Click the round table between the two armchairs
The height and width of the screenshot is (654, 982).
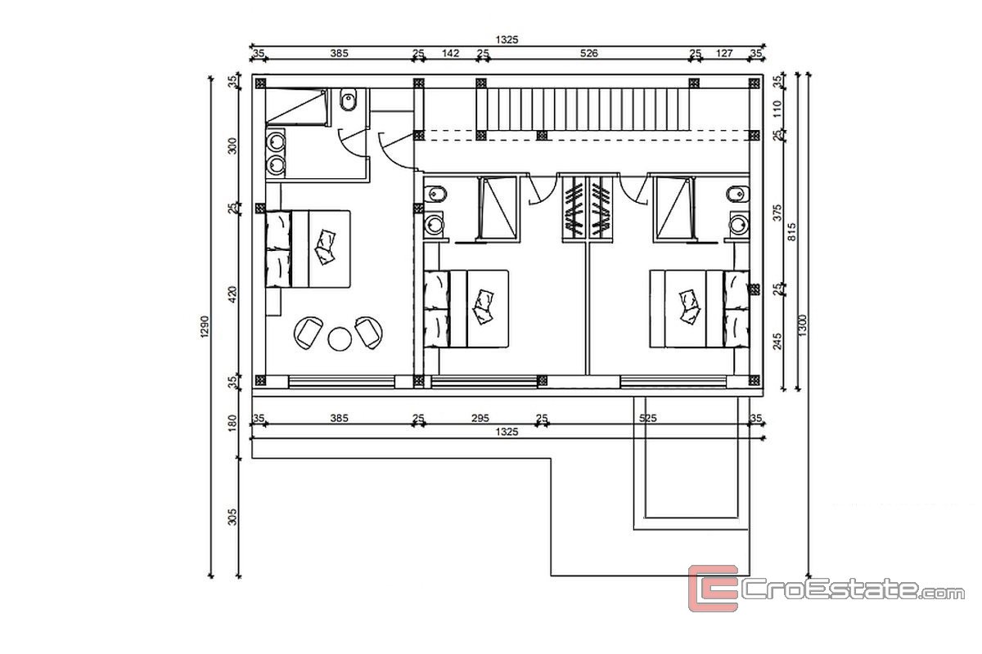coord(340,338)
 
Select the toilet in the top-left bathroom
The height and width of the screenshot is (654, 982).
coord(349,100)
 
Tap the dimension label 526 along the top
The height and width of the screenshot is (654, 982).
coord(588,53)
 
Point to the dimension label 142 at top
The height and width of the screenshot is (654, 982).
coord(450,53)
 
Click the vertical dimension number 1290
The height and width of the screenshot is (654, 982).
coord(205,326)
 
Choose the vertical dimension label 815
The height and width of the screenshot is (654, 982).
coord(792,231)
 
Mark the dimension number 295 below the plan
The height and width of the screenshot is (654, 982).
coord(480,418)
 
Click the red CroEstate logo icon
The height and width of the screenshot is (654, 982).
coord(714,588)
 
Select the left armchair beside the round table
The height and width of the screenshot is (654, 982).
coord(309,333)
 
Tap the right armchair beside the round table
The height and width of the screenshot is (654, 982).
coord(369,333)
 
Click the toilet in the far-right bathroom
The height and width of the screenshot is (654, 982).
coord(738,194)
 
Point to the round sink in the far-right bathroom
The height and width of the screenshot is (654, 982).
coord(739,225)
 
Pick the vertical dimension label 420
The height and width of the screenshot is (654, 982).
coord(232,294)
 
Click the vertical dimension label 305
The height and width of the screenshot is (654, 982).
coord(232,517)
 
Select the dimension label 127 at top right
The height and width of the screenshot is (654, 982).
coord(724,53)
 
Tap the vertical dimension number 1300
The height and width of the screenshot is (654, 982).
coord(802,325)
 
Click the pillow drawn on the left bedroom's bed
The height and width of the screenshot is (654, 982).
coord(325,247)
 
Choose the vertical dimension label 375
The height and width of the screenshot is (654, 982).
coord(777,213)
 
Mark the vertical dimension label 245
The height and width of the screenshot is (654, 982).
coord(777,342)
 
